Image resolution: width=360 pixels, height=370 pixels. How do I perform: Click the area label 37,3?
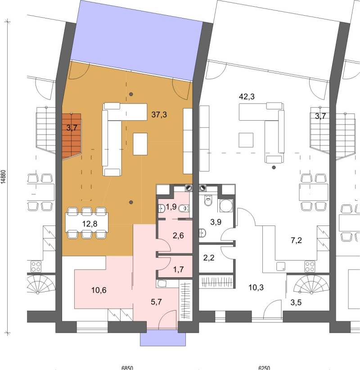159,115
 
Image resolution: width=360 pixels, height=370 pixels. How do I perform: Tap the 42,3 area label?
247,97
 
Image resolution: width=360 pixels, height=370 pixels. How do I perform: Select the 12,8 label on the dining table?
90,224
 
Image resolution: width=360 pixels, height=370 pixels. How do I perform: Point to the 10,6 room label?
99,290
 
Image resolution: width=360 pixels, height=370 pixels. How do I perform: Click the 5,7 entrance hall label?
156,302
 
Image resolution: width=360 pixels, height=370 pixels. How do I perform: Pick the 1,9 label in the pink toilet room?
171,207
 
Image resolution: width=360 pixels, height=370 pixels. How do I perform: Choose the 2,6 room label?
178,235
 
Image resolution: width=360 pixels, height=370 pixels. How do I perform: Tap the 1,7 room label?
178,269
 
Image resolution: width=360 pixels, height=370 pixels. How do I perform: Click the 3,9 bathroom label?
216,222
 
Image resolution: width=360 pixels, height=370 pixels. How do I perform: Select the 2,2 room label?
209,257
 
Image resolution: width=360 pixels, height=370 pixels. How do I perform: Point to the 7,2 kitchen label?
296,240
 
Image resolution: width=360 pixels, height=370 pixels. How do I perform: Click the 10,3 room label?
256,288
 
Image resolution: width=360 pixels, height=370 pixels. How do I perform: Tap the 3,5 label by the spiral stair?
296,302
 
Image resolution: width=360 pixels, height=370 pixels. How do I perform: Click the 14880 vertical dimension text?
3,177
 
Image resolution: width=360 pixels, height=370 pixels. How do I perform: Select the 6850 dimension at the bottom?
127,368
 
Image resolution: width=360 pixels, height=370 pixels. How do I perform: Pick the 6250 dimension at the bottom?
264,368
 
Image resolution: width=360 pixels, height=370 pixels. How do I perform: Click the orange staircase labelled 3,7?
72,136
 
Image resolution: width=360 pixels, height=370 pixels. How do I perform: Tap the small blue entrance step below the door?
163,338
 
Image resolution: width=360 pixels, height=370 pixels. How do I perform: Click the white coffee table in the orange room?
140,144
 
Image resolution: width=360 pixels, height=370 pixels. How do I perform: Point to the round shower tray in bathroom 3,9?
226,206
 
